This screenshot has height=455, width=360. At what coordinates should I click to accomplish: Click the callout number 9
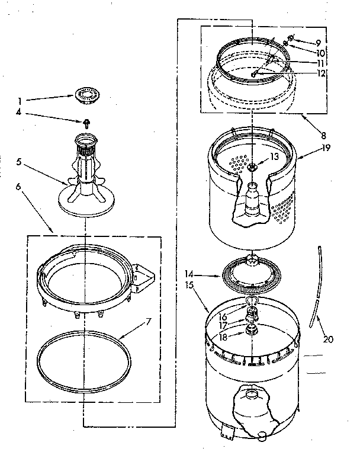(x=319, y=42)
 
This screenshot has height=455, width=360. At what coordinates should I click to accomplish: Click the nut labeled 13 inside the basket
(x=274, y=156)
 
